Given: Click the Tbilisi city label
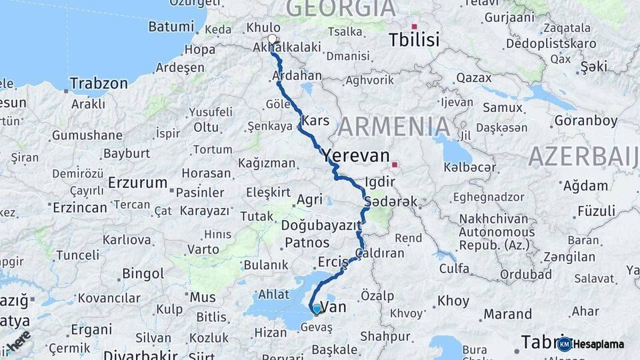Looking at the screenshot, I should (x=415, y=40).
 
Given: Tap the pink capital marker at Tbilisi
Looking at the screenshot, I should (x=414, y=27).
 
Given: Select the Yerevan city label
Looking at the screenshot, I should (x=356, y=156).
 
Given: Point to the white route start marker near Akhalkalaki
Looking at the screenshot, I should (x=272, y=39).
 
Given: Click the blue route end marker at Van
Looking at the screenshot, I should (x=316, y=308).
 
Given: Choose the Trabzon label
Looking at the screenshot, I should (x=99, y=84).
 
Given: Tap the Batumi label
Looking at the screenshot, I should (x=171, y=27).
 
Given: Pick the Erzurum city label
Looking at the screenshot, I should (x=137, y=183).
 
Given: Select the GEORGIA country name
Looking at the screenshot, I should (x=341, y=8).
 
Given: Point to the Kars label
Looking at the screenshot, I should (x=315, y=121).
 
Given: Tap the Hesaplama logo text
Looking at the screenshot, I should (x=599, y=344).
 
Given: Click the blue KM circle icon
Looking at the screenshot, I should (x=565, y=344).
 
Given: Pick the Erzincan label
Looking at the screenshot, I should (x=80, y=207).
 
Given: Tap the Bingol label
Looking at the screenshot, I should (x=143, y=273).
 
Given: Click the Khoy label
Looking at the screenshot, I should (x=453, y=301).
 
